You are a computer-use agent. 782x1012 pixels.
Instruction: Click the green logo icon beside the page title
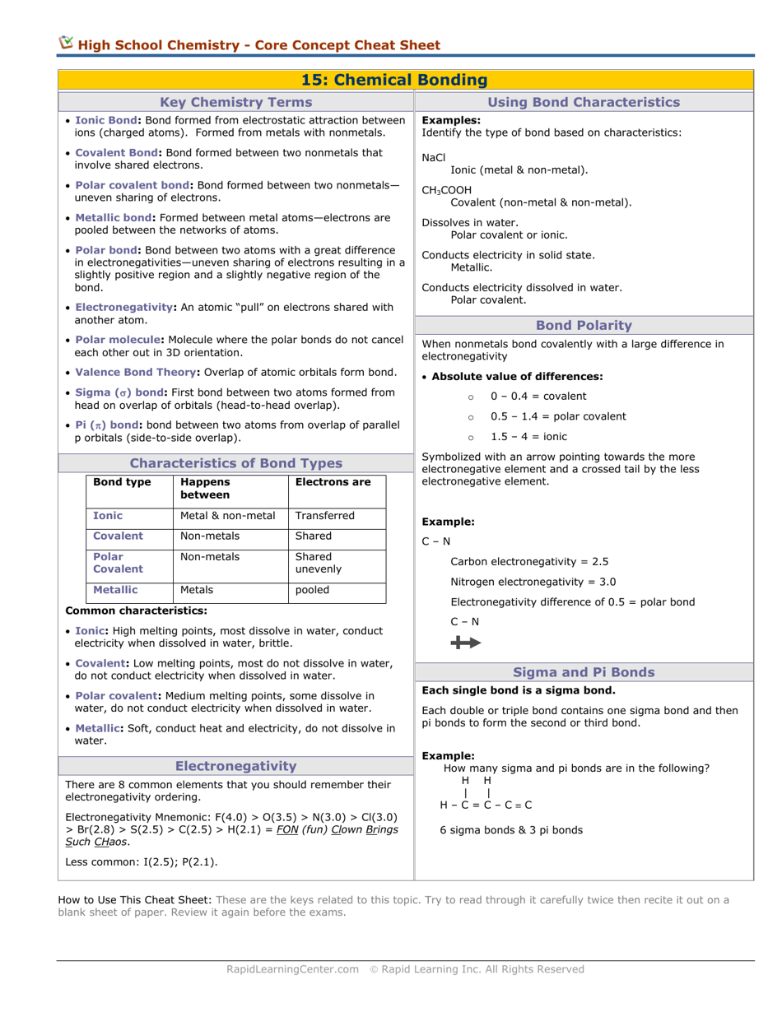coord(66,44)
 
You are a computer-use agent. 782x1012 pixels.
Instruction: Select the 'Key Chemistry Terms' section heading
coord(235,102)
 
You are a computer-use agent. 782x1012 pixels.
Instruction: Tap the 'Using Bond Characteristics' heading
coord(584,102)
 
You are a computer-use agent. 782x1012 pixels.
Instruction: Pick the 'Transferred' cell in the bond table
coord(324,516)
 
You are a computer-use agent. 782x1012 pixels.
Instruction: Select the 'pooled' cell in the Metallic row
coord(313,590)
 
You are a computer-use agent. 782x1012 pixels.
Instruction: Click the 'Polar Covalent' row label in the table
coord(119,563)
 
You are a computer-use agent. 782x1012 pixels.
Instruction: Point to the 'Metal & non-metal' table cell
coord(228,516)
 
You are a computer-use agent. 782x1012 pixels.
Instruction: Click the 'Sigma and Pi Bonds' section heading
coord(584,672)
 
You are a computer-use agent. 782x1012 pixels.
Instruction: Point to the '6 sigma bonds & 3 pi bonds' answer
coord(511,830)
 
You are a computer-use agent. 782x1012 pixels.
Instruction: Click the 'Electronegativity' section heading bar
coord(235,766)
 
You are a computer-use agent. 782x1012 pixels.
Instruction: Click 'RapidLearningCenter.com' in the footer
coord(292,969)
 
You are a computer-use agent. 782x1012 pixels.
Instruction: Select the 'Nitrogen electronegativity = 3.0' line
coord(533,582)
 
